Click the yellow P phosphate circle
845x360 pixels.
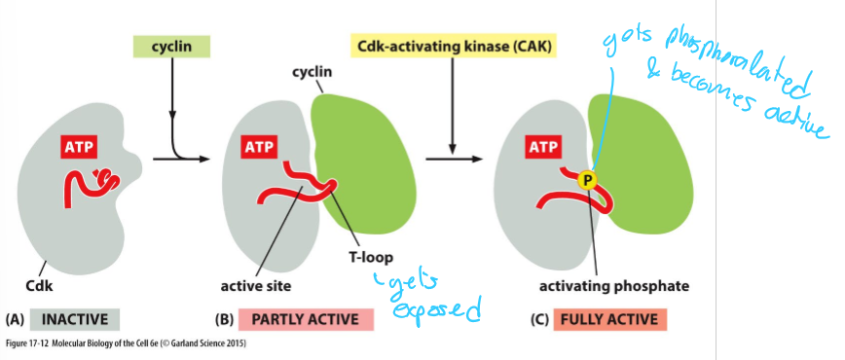[x=586, y=179]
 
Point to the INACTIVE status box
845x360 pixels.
[x=74, y=319]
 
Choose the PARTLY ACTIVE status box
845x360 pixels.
[x=297, y=319]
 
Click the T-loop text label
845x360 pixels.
[x=369, y=259]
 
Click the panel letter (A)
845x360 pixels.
[x=15, y=319]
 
